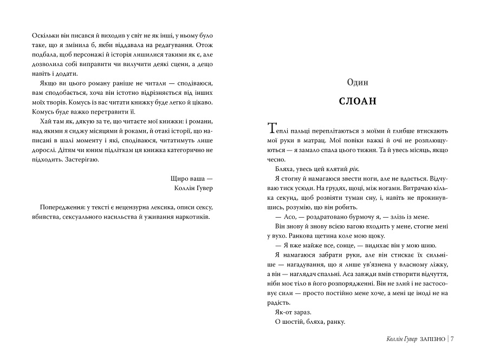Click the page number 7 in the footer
(451, 339)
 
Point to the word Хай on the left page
(46, 121)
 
